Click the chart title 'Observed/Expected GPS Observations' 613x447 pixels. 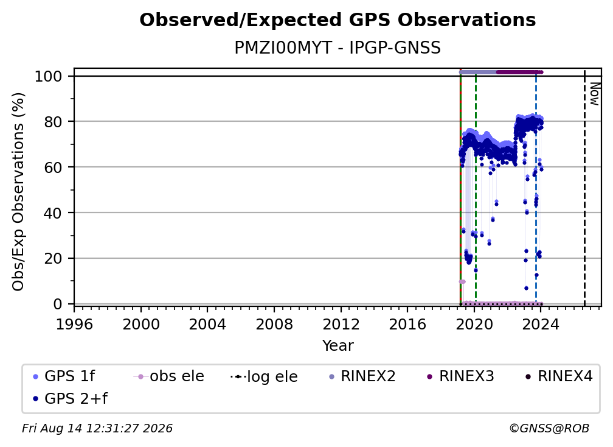pos(338,20)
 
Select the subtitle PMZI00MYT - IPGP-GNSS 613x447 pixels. pos(338,48)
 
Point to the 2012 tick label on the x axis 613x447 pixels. pos(341,324)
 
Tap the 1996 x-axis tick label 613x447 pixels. pos(74,324)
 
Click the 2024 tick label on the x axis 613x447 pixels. pos(541,324)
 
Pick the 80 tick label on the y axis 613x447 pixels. pos(53,122)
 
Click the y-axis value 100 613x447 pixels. pos(49,76)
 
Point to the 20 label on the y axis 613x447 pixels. pos(53,258)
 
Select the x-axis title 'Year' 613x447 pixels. pos(338,346)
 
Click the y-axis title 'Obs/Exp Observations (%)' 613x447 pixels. pos(18,192)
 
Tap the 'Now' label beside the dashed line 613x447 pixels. pos(594,94)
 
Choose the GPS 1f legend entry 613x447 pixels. pos(64,376)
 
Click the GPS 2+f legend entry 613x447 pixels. pos(71,398)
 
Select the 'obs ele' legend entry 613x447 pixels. pos(169,376)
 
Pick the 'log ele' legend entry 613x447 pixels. pos(265,376)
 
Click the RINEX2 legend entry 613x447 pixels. pos(362,376)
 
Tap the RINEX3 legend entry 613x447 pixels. pos(460,376)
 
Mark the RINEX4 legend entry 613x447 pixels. pos(559,376)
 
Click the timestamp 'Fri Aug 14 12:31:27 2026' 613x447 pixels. pos(97,428)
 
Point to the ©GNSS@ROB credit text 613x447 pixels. pos(549,428)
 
